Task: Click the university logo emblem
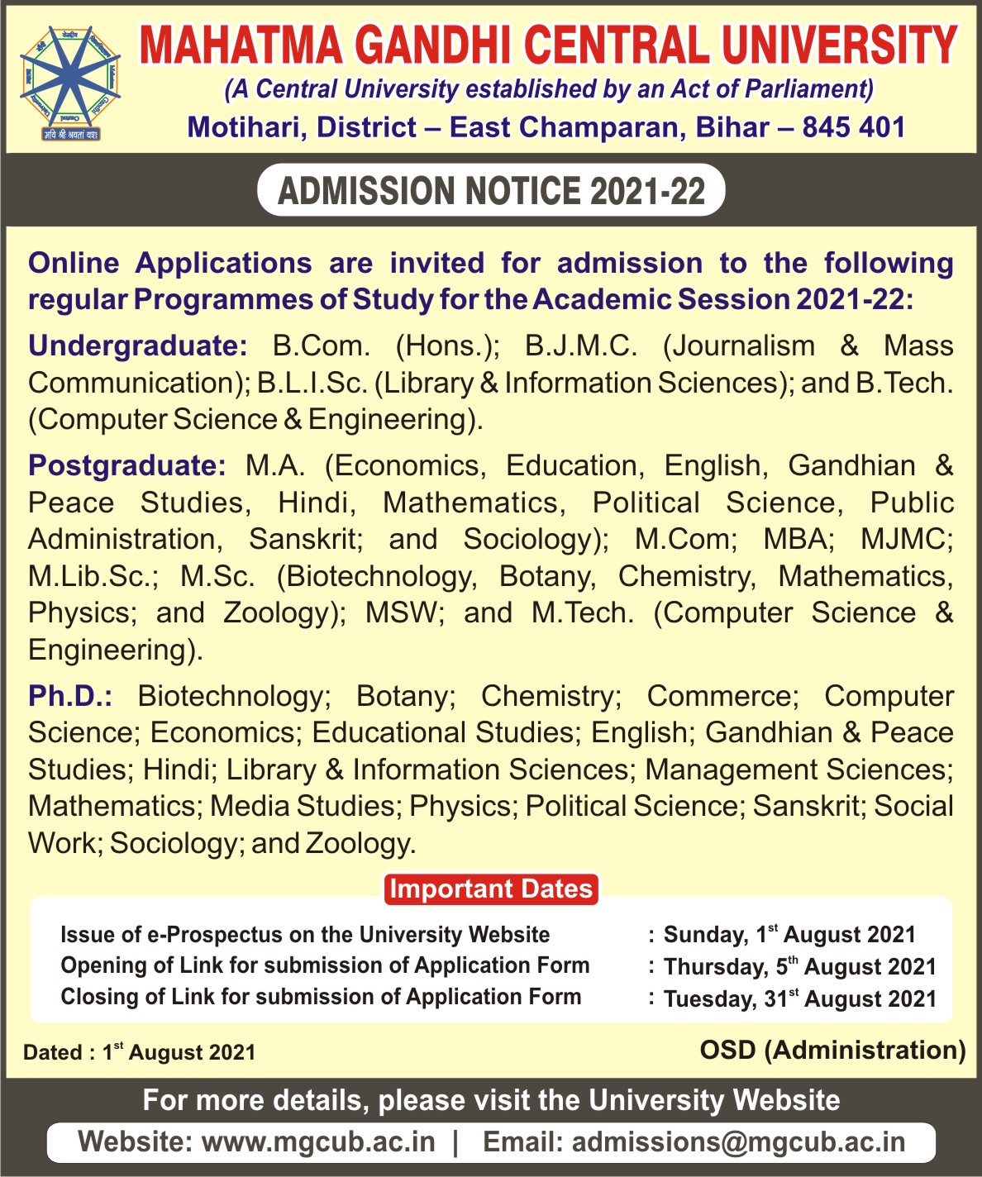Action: click(x=70, y=82)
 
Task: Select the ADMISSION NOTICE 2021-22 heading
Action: click(x=492, y=191)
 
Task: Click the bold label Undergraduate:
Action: click(x=137, y=345)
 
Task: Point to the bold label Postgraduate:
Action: click(x=126, y=465)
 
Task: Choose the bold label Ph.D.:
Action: click(x=70, y=696)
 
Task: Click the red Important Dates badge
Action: click(x=491, y=889)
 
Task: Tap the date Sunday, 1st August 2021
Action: click(x=789, y=935)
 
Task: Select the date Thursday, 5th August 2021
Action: click(x=799, y=966)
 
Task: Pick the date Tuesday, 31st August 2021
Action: click(x=799, y=998)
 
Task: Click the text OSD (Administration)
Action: click(x=832, y=1050)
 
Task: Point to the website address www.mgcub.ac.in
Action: click(x=318, y=1142)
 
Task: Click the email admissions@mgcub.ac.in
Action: click(x=738, y=1142)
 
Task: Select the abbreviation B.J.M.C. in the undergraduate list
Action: click(x=581, y=345)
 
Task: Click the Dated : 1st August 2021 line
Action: click(x=139, y=1052)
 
